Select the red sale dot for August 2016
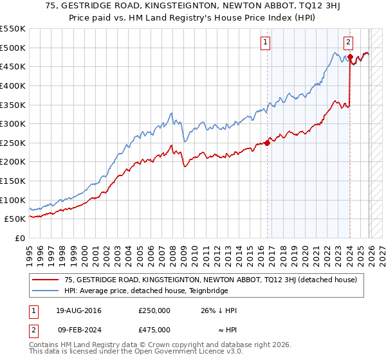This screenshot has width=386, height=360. [268, 143]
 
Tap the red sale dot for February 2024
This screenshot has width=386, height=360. [350, 57]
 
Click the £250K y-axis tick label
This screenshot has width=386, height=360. [13, 143]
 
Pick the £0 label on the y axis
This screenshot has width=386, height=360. [19, 238]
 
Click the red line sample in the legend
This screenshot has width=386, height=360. [45, 280]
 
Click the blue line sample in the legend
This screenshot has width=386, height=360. [45, 291]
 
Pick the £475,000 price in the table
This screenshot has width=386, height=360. [154, 330]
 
